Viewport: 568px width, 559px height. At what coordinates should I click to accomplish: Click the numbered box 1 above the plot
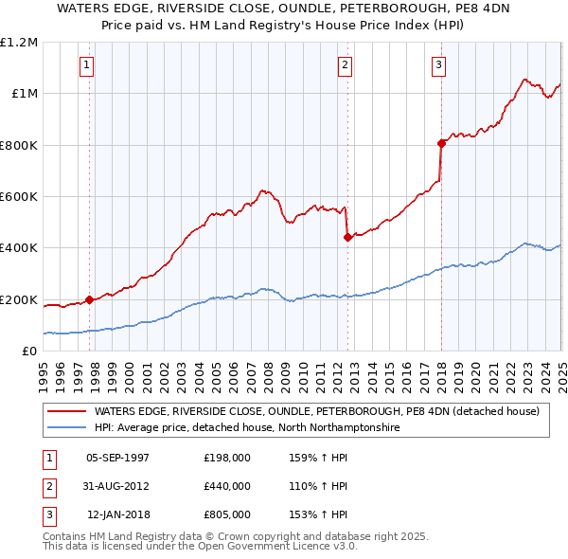click(x=86, y=65)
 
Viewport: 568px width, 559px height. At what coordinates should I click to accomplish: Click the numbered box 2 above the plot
click(x=345, y=65)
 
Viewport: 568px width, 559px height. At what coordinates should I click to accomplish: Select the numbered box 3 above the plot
click(x=439, y=65)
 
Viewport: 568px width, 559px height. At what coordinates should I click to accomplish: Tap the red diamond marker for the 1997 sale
click(x=90, y=300)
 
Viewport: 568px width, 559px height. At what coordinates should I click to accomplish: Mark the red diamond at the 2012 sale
click(x=348, y=238)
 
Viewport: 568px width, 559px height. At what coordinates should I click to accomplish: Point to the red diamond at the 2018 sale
click(x=441, y=144)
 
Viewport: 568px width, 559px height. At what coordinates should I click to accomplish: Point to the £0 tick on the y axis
click(x=28, y=352)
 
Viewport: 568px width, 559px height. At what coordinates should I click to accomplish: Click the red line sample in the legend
click(x=66, y=412)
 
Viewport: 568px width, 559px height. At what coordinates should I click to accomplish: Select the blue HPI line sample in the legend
click(x=66, y=428)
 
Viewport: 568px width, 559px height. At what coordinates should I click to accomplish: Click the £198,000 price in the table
click(x=227, y=458)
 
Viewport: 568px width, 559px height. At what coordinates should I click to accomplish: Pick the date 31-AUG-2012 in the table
click(x=117, y=486)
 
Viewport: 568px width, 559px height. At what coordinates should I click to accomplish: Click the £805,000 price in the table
click(x=227, y=514)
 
